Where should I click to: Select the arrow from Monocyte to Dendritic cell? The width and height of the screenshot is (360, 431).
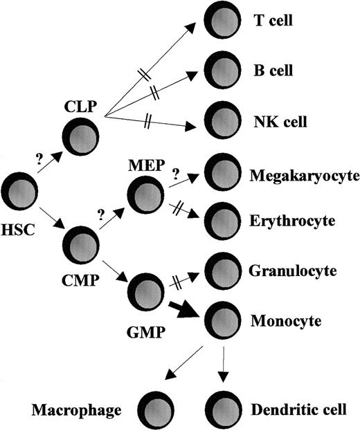[222, 363]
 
